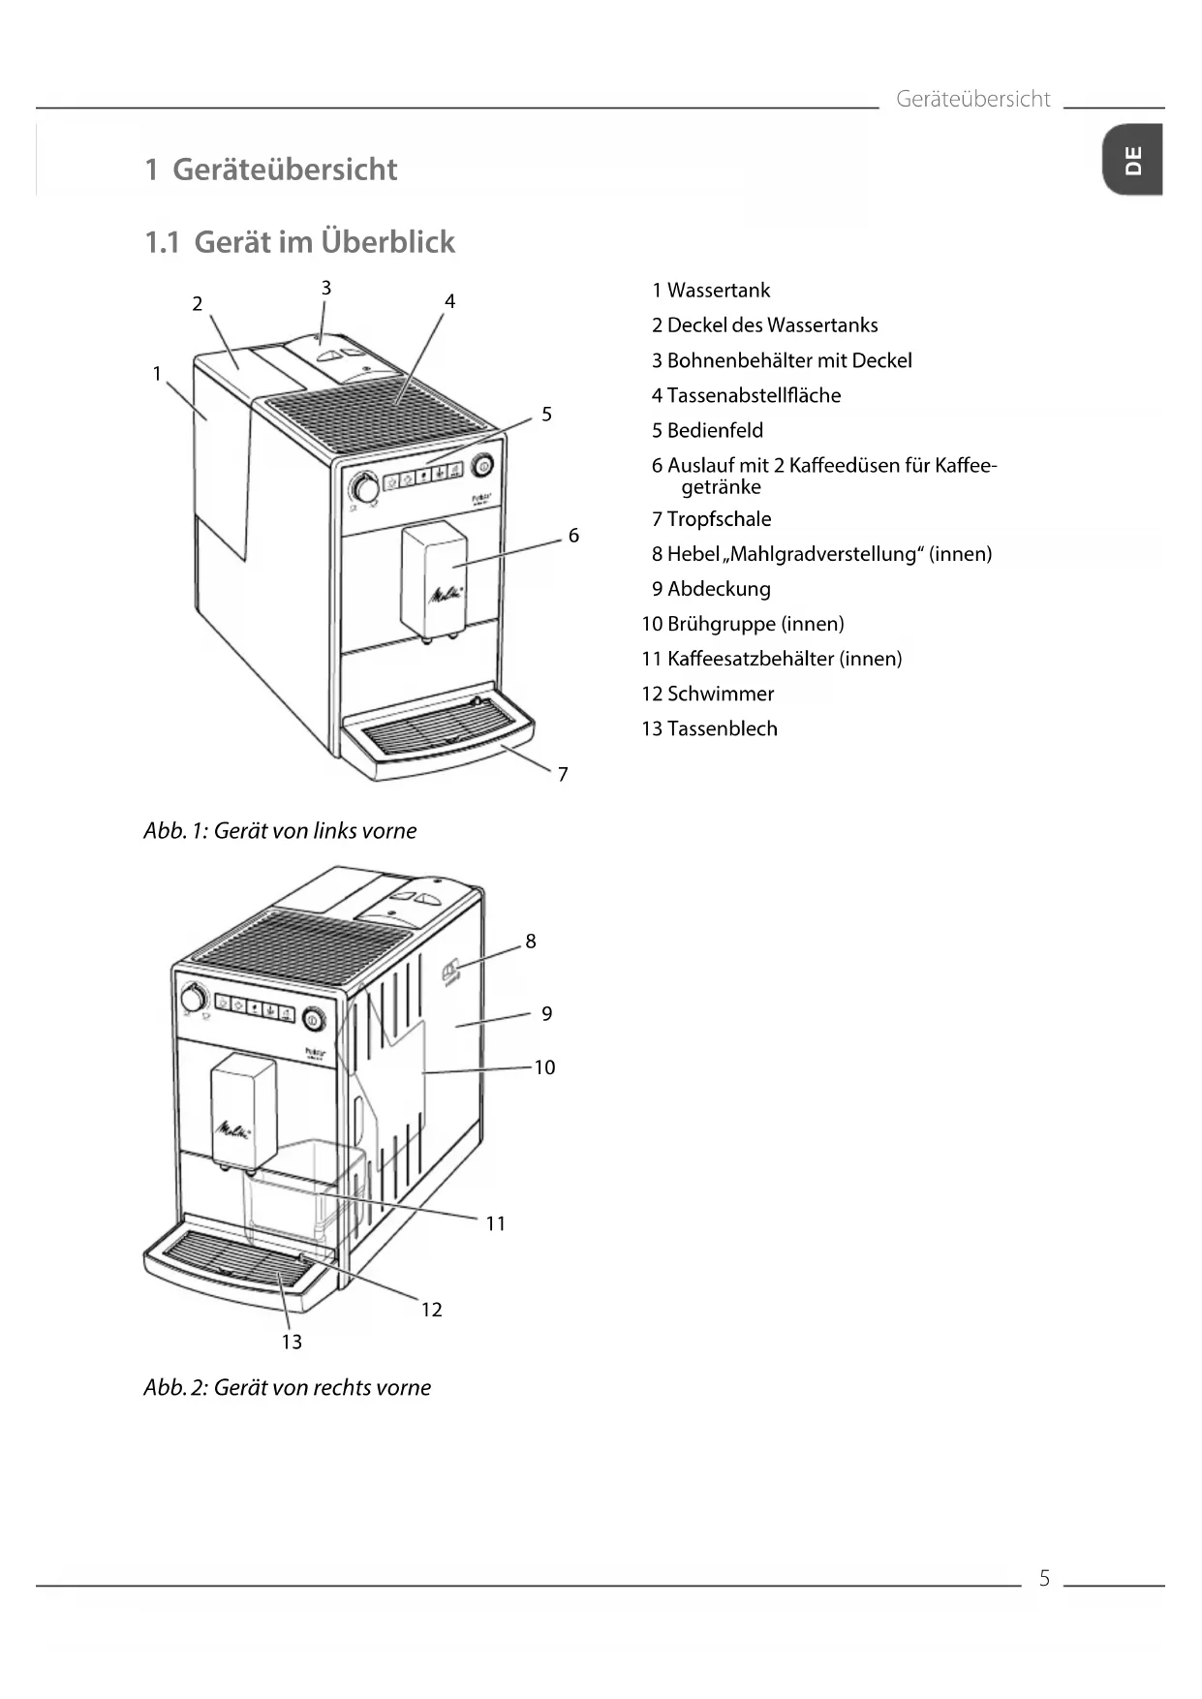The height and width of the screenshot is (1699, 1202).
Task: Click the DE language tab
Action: pos(1132,160)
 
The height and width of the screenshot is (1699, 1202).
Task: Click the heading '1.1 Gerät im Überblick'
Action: pos(299,241)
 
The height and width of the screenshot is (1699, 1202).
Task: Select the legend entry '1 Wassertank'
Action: pos(711,291)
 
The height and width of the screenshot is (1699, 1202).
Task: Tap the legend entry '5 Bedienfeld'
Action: pos(707,430)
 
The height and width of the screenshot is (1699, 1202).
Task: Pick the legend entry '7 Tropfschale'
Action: pos(711,519)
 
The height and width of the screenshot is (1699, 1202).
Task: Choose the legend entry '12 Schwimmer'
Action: pos(707,694)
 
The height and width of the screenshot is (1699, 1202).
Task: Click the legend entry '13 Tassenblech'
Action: pos(709,728)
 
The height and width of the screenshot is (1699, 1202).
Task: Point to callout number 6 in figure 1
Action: pos(573,536)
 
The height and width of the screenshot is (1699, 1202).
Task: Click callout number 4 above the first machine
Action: pos(449,301)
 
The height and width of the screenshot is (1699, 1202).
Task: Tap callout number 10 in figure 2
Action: pos(544,1067)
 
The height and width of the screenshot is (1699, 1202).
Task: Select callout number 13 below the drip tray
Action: pos(292,1342)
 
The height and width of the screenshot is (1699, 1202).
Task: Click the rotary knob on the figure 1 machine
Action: pos(365,487)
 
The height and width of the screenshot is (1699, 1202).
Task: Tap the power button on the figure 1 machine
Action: pos(482,466)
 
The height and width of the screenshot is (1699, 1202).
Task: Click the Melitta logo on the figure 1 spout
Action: pos(446,594)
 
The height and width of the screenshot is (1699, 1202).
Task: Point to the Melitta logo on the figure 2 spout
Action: pos(233,1129)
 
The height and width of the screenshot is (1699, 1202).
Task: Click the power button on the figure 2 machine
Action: pos(314,1019)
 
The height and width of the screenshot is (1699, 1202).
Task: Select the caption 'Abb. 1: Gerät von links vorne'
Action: pos(280,831)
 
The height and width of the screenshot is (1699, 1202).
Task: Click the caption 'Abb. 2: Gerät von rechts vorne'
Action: pos(287,1388)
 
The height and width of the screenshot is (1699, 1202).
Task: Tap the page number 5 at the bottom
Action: pos(1044,1578)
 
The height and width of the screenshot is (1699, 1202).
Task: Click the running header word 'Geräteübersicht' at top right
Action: pos(972,99)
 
